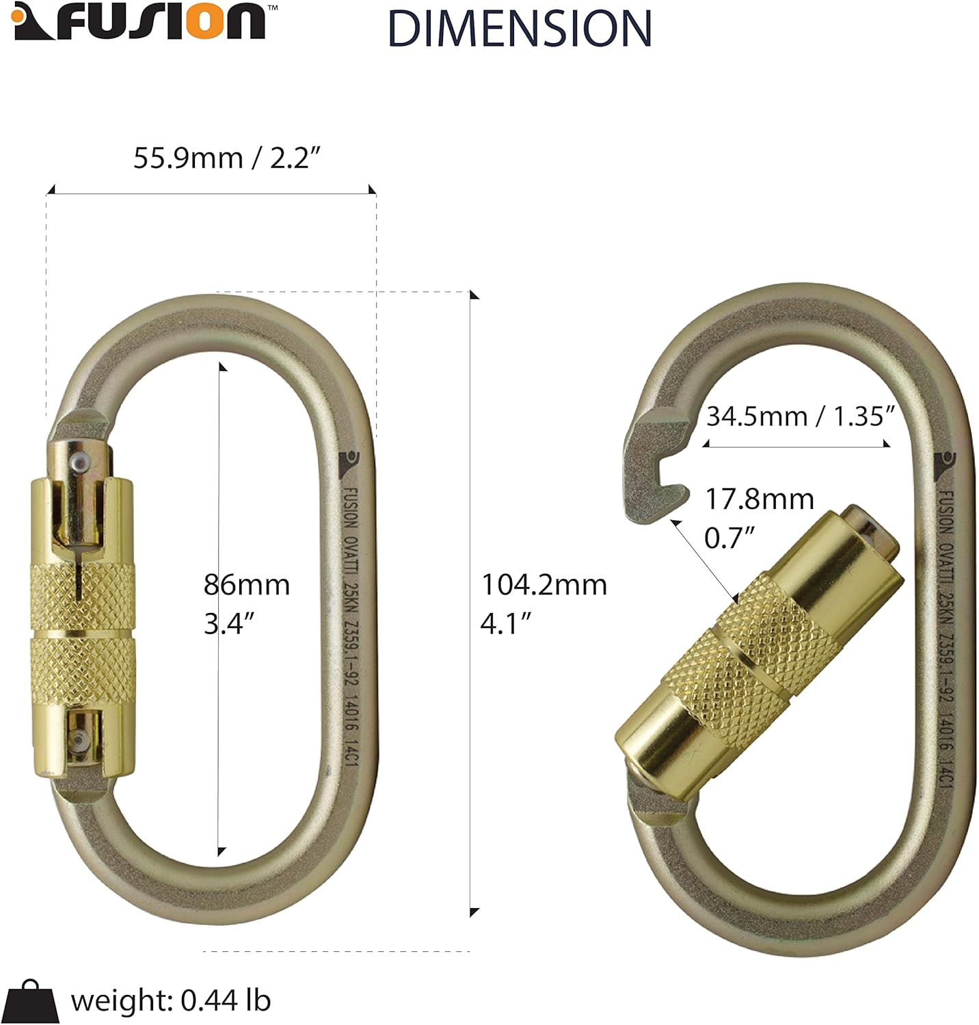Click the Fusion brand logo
click(x=139, y=22)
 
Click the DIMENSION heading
click(x=520, y=29)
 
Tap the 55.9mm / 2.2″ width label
click(x=226, y=158)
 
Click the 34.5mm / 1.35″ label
click(x=800, y=415)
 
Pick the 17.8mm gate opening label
click(x=759, y=517)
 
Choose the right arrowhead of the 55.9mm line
click(x=372, y=190)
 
